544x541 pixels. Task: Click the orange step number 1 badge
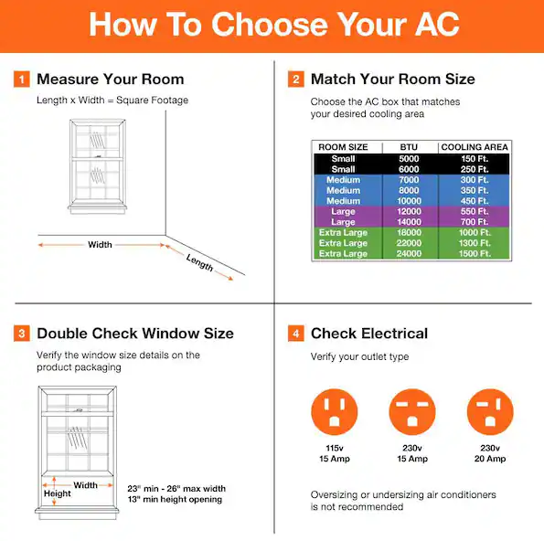tap(22, 80)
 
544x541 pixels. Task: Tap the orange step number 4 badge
tap(295, 334)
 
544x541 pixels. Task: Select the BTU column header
tap(409, 147)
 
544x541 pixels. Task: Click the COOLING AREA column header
tap(475, 147)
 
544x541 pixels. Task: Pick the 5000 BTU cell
tap(409, 159)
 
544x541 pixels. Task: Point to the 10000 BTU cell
tap(409, 201)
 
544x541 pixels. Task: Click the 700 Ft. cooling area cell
tap(475, 222)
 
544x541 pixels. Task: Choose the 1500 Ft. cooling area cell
tap(475, 253)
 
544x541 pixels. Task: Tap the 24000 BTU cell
tap(409, 253)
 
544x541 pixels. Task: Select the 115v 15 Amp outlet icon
tap(334, 411)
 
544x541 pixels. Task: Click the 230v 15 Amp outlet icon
tap(412, 411)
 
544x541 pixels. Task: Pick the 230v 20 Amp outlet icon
tap(490, 411)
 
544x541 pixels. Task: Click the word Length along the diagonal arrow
tap(199, 262)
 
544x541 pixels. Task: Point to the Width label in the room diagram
tap(100, 245)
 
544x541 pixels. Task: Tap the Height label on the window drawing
tap(58, 493)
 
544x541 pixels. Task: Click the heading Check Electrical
tap(369, 334)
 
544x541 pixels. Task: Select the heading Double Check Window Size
tap(135, 334)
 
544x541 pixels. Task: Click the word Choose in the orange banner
tap(269, 25)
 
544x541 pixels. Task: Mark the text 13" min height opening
tap(175, 499)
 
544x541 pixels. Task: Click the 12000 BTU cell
tap(409, 211)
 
